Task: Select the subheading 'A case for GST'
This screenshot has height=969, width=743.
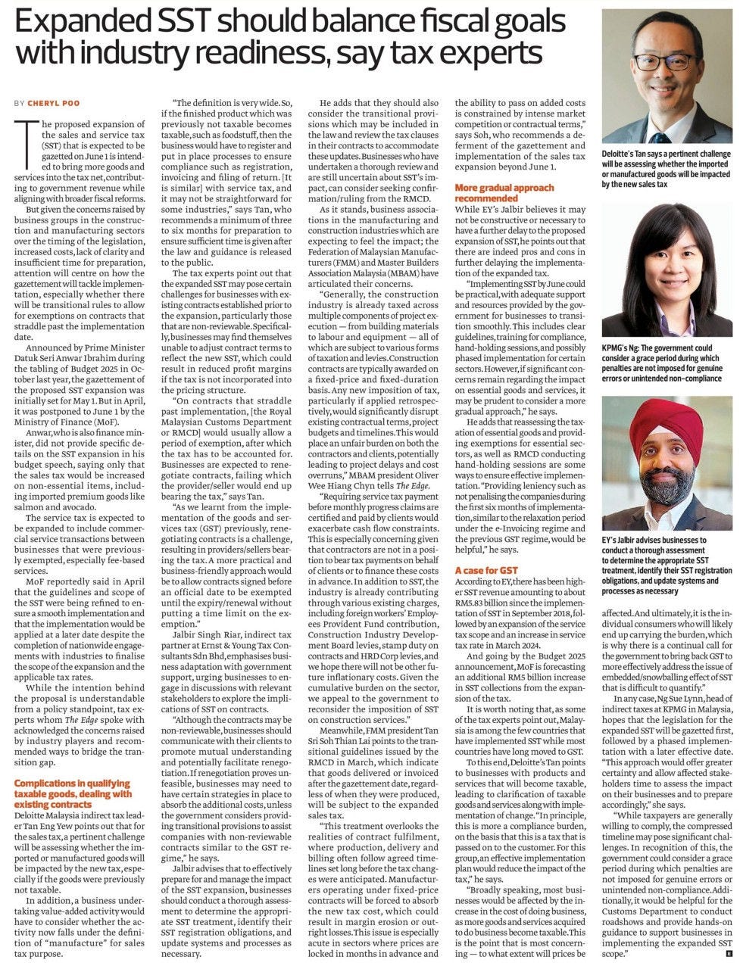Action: (x=487, y=569)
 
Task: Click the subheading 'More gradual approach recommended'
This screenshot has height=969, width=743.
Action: (x=504, y=192)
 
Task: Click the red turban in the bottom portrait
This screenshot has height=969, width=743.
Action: (x=665, y=421)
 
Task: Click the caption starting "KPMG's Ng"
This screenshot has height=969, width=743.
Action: (x=667, y=362)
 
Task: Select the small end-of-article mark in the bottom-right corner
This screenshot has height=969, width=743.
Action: (x=728, y=955)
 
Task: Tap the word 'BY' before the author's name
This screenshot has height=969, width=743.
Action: (x=20, y=103)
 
